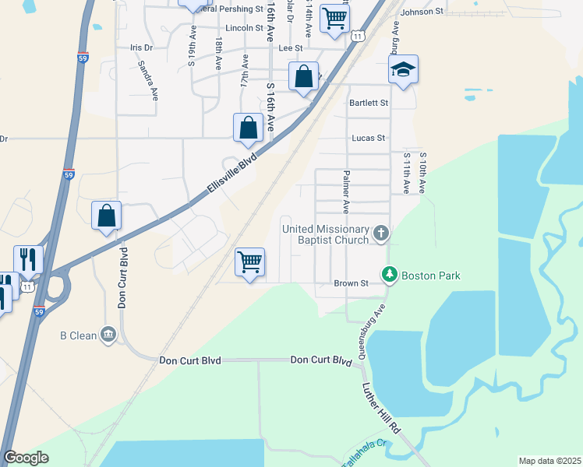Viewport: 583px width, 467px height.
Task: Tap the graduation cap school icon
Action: pyautogui.click(x=403, y=71)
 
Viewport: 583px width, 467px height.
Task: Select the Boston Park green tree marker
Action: pyautogui.click(x=389, y=275)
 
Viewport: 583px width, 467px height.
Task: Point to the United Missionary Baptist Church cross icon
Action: pyautogui.click(x=380, y=232)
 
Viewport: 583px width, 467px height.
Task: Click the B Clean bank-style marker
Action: pyautogui.click(x=108, y=335)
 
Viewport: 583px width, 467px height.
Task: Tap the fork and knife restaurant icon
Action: pyautogui.click(x=28, y=260)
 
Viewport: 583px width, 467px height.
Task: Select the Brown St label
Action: pyautogui.click(x=351, y=283)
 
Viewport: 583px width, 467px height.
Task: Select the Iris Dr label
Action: pyautogui.click(x=141, y=47)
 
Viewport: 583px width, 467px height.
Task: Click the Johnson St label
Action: pyautogui.click(x=421, y=12)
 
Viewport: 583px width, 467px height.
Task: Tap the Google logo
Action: pyautogui.click(x=26, y=458)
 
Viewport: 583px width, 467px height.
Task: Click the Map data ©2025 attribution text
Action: pyautogui.click(x=549, y=461)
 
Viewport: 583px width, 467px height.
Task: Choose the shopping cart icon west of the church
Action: pyautogui.click(x=250, y=262)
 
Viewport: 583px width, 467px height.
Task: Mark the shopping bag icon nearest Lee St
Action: pyautogui.click(x=303, y=77)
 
